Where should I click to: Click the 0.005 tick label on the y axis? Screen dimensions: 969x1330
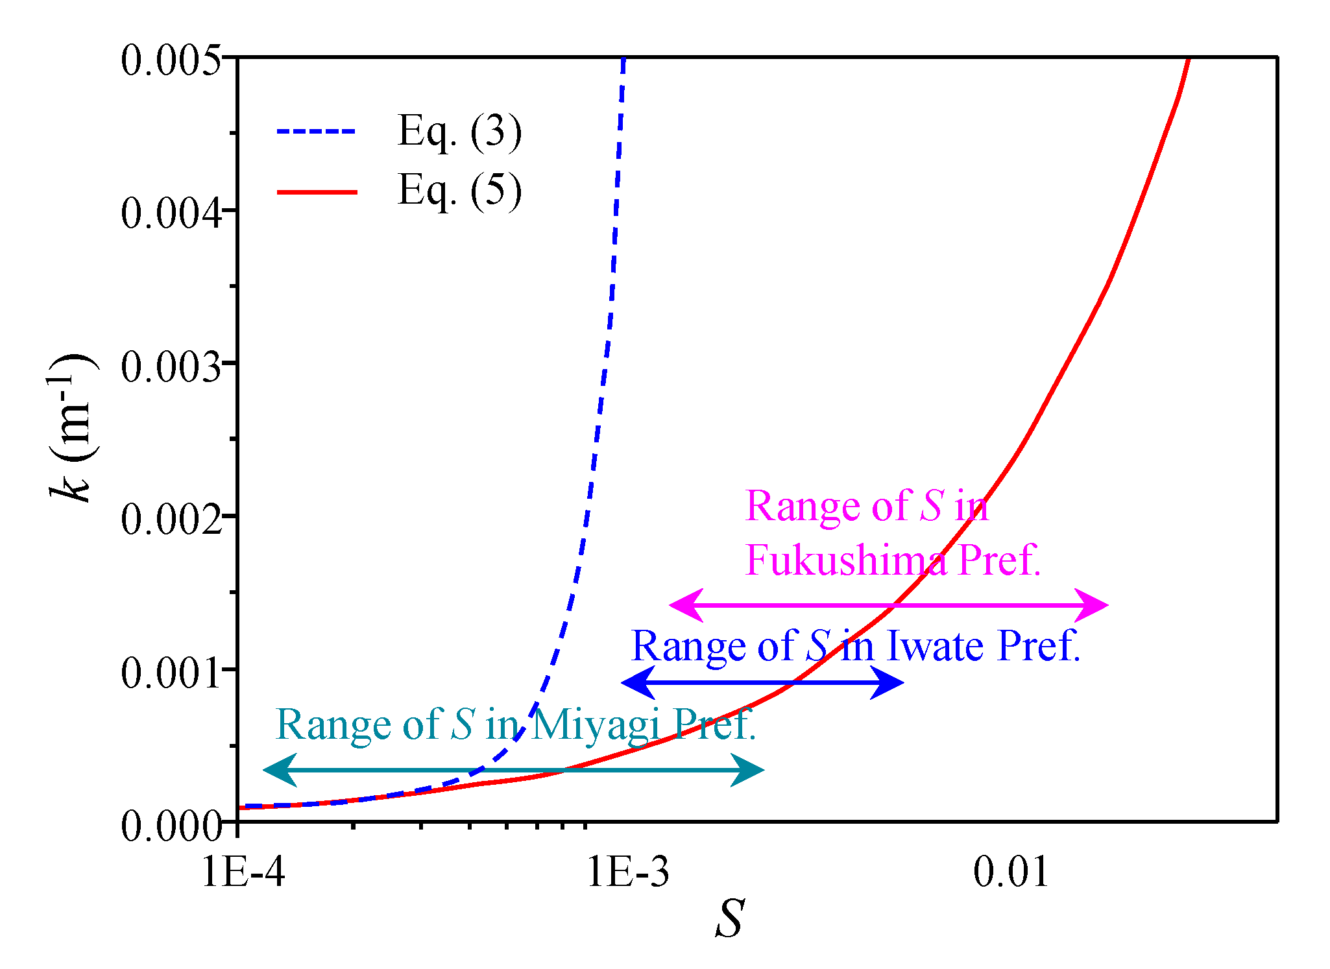coord(170,61)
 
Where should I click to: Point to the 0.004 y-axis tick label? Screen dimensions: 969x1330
coord(170,213)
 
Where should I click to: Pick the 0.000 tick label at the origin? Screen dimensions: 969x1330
coord(170,826)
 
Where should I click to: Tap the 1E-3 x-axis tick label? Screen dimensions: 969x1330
coord(627,872)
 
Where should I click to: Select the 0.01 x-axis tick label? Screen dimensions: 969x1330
coord(1011,872)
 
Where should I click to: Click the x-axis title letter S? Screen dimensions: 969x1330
coord(729,918)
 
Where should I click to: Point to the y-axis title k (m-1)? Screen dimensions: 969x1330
coord(71,428)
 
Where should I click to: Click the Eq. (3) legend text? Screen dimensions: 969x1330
coord(459,132)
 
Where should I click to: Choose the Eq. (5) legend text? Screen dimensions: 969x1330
coord(459,191)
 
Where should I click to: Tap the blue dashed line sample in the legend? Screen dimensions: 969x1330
coord(317,132)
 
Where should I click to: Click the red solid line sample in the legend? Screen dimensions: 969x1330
coord(317,192)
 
